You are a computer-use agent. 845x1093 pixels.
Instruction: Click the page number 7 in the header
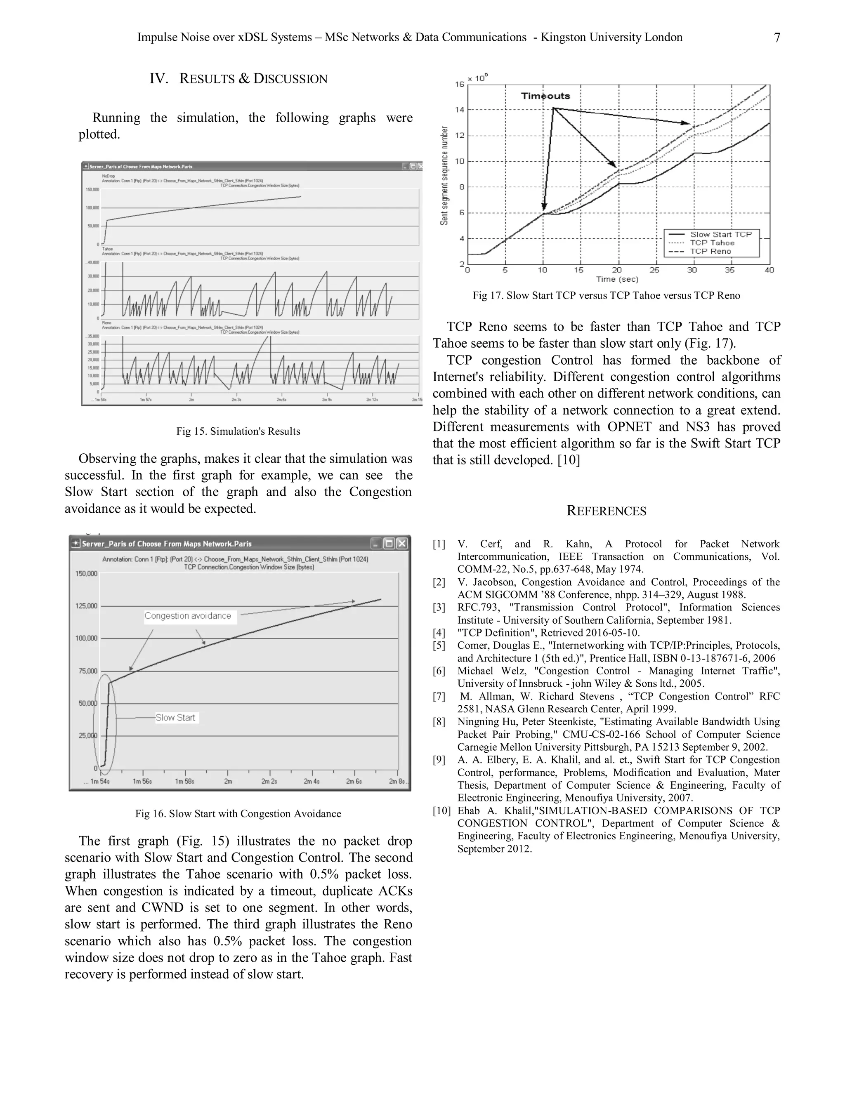(777, 38)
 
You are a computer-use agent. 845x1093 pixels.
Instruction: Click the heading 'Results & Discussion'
(238, 78)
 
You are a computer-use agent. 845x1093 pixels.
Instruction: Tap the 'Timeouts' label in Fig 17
(545, 96)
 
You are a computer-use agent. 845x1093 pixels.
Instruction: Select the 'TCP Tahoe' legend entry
(712, 243)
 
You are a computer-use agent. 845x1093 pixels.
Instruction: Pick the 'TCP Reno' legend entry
(710, 251)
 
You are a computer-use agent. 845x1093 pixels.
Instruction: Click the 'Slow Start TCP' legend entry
(720, 234)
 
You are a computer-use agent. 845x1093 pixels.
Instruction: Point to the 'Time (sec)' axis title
(617, 279)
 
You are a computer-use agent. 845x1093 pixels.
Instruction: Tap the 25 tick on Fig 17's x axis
(654, 270)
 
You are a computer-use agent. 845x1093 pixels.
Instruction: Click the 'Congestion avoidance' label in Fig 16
(188, 616)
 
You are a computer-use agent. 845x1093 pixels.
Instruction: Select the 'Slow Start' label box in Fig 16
(175, 718)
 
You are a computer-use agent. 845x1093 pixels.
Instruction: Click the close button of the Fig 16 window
(402, 544)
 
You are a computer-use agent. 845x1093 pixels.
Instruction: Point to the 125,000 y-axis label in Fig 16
(86, 606)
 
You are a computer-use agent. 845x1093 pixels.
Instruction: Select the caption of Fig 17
(606, 296)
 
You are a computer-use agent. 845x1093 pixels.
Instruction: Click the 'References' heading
(606, 511)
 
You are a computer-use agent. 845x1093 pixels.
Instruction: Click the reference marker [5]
(439, 645)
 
